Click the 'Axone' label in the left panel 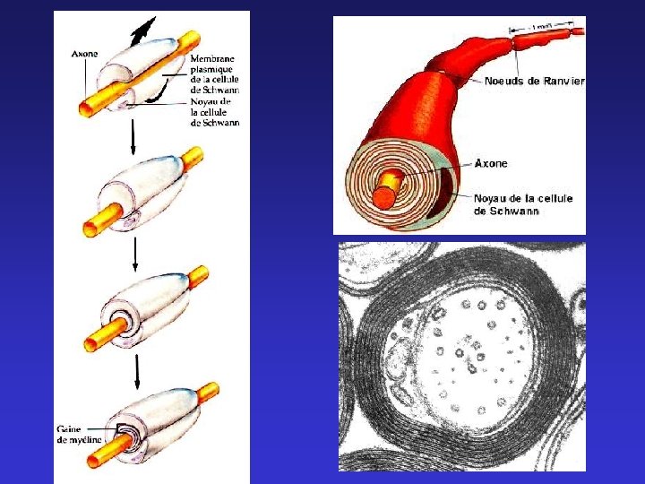point(85,53)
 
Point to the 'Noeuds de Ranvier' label point(534,82)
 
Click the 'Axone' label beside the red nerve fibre point(490,164)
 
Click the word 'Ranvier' point(564,82)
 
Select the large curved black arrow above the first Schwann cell point(138,32)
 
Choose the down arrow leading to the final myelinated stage point(136,367)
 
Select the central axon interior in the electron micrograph point(466,359)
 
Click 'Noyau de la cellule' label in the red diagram point(522,198)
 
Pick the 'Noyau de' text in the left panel point(211,102)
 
